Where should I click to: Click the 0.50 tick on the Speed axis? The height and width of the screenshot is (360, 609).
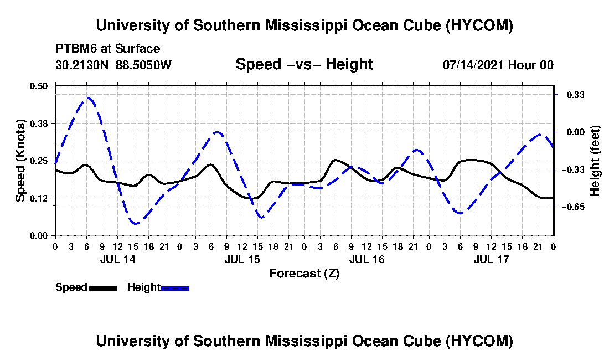point(39,86)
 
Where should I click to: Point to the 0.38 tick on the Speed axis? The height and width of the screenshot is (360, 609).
point(39,124)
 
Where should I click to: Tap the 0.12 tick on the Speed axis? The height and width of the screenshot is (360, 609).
point(39,198)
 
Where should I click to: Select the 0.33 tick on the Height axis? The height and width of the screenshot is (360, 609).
point(576,95)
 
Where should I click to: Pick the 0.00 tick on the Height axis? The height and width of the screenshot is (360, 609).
point(576,132)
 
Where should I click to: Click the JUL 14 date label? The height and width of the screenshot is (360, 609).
point(118,259)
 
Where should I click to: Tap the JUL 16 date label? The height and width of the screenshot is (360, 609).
point(367,259)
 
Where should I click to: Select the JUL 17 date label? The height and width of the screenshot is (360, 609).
point(491,259)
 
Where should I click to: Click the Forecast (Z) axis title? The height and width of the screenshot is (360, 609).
point(304,274)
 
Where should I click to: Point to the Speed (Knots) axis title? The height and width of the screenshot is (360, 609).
point(20,161)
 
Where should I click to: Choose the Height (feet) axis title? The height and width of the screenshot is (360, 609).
point(595,161)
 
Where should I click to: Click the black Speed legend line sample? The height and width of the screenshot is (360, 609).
point(104,288)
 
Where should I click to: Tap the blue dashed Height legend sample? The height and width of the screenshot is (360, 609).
point(175,288)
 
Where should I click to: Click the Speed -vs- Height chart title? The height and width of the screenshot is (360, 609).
point(304,64)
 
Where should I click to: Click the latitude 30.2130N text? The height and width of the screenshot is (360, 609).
point(82,65)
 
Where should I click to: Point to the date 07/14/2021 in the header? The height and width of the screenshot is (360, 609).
point(473,65)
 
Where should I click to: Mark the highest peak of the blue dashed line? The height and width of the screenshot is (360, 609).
point(89,97)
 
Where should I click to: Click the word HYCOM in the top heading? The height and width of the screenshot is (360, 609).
point(479,25)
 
